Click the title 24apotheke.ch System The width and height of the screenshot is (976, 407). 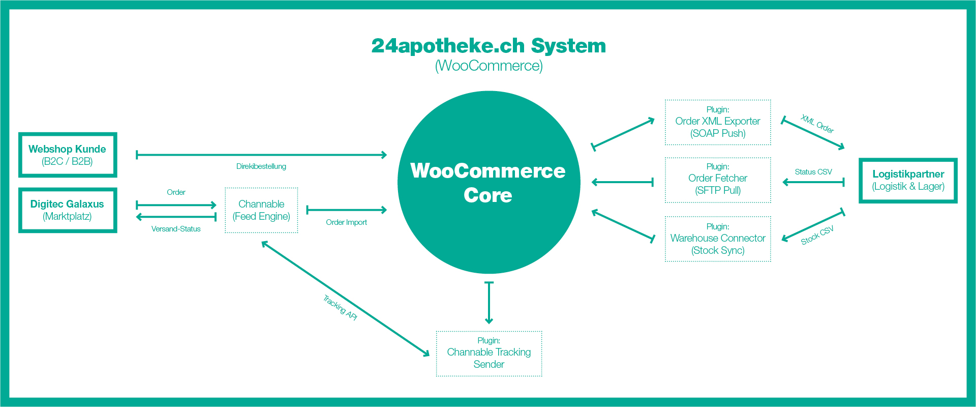(489, 46)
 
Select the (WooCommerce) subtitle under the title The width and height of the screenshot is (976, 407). (489, 66)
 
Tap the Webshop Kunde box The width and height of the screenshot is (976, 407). (68, 155)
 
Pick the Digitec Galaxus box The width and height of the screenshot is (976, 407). (68, 210)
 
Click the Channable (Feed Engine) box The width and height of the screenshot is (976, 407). (261, 210)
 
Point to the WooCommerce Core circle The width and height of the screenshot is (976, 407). (489, 182)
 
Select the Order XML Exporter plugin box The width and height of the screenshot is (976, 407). (718, 122)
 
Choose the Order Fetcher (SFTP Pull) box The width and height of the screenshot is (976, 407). (718, 180)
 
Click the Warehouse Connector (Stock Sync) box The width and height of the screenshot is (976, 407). (718, 239)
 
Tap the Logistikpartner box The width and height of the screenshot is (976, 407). (908, 181)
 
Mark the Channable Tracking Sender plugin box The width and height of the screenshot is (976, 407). (489, 354)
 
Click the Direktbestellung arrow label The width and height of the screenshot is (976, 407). (261, 166)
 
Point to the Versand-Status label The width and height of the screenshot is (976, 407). (176, 229)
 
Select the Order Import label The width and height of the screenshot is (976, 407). (346, 222)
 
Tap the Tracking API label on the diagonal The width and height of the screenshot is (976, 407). (340, 307)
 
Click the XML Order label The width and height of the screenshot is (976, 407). (817, 124)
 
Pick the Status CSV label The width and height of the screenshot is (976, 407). (813, 172)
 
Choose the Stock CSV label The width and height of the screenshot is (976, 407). (817, 236)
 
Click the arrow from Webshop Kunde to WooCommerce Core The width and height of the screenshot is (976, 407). (261, 155)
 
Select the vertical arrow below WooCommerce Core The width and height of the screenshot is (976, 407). (489, 303)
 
